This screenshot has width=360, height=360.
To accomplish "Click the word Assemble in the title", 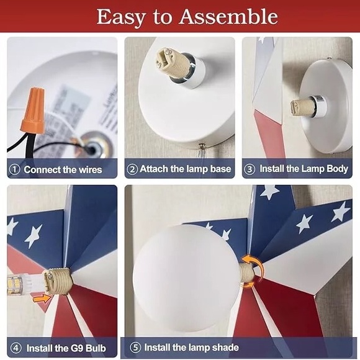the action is (228, 17).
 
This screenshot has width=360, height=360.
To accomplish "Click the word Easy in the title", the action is (121, 17).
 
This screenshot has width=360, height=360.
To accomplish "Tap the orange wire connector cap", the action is (33, 110).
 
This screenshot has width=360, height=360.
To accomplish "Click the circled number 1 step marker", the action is (14, 169).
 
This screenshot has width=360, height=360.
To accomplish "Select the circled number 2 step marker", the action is (132, 169).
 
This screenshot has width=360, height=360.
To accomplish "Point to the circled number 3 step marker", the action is (250, 169).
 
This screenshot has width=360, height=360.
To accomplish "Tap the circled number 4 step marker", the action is (16, 348).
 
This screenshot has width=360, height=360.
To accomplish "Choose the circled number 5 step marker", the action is (135, 348).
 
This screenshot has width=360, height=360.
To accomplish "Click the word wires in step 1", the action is (90, 170).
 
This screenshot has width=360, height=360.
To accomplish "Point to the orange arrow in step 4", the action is (42, 299).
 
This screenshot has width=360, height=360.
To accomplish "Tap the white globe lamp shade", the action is (186, 278).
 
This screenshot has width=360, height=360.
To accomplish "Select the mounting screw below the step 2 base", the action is (202, 146).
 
